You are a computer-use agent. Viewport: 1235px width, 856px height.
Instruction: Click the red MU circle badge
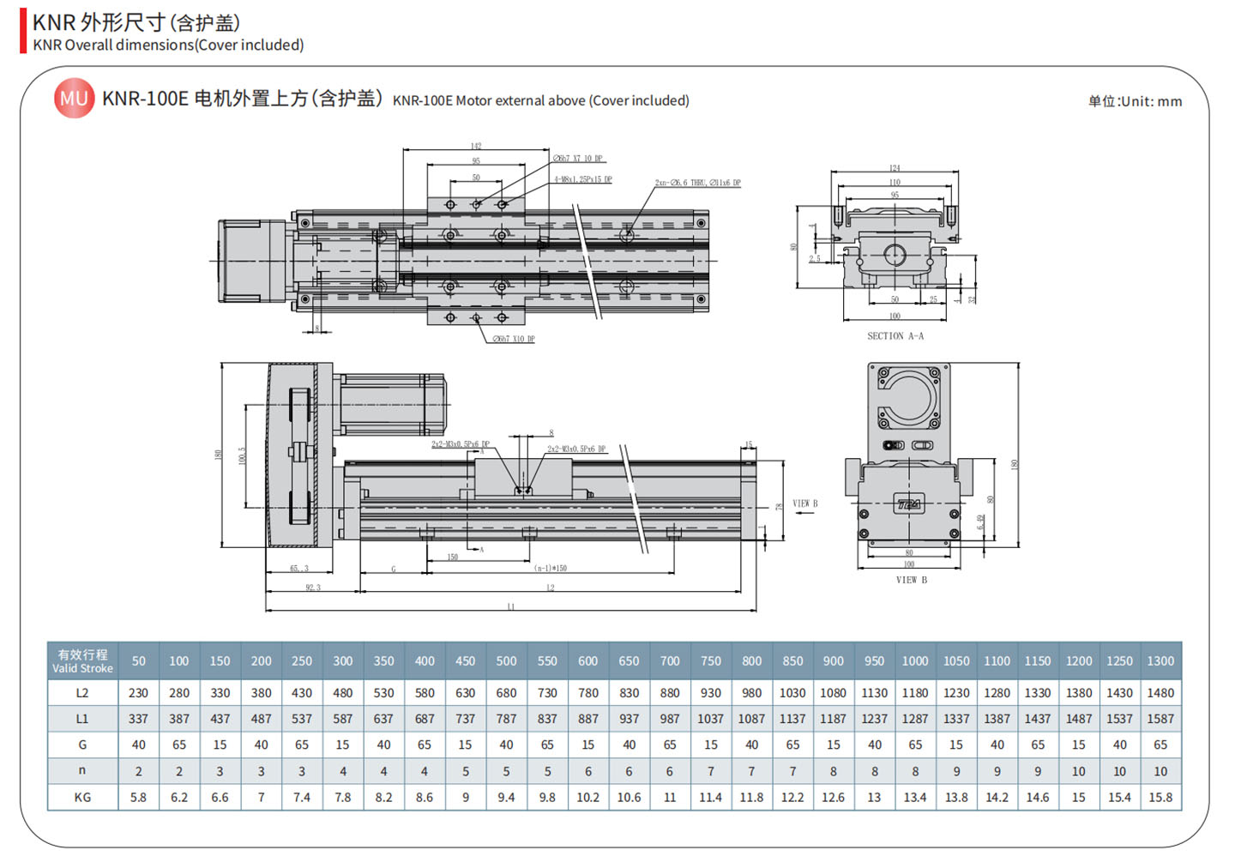(x=74, y=99)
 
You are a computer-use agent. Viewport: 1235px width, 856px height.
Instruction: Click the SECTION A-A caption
(x=895, y=336)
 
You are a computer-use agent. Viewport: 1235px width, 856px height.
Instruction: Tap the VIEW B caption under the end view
(x=911, y=580)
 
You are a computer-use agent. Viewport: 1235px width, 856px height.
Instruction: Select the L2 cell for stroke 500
(x=506, y=693)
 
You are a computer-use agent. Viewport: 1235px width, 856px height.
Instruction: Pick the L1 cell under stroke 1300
(x=1160, y=719)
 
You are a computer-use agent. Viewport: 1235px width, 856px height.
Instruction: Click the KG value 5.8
(x=138, y=797)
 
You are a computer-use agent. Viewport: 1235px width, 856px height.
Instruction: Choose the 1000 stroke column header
(x=914, y=661)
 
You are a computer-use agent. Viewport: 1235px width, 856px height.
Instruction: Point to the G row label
(x=82, y=744)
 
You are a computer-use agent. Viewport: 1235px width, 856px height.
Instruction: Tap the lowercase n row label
(x=82, y=770)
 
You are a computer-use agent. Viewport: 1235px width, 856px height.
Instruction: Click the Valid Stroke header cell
(x=82, y=661)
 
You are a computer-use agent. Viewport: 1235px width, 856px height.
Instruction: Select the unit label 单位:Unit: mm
(x=1135, y=101)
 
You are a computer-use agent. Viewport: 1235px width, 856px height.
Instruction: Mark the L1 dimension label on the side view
(x=510, y=606)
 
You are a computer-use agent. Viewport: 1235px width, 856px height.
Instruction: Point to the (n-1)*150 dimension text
(x=550, y=568)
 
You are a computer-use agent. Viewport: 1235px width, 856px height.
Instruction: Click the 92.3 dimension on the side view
(x=312, y=588)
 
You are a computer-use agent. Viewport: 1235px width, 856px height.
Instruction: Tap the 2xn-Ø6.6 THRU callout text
(x=697, y=184)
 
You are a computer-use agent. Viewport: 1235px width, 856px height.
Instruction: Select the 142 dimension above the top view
(x=476, y=146)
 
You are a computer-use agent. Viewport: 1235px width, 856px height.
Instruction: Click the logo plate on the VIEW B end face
(x=908, y=504)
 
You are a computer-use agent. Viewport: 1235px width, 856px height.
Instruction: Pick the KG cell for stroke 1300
(x=1160, y=797)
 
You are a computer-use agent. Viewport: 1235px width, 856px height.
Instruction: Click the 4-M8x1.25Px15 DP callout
(x=582, y=180)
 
